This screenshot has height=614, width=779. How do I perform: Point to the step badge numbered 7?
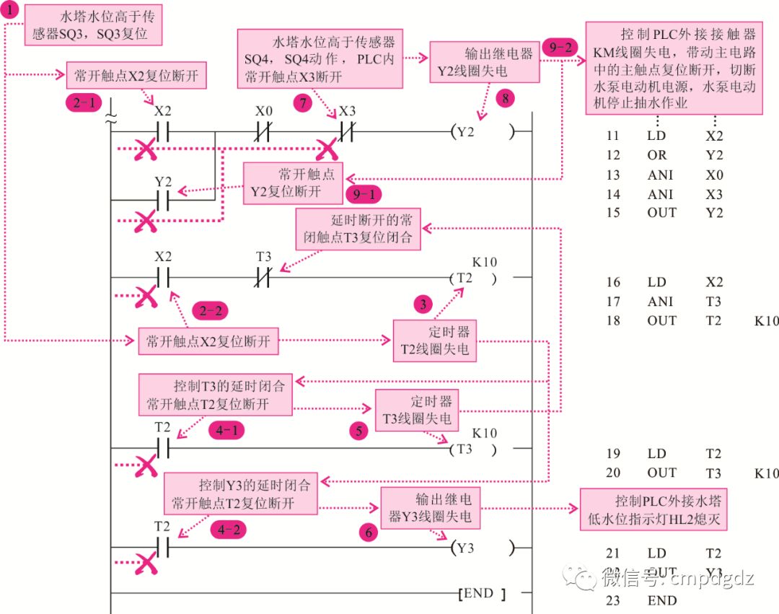(x=304, y=103)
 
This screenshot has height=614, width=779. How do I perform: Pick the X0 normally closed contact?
(x=264, y=132)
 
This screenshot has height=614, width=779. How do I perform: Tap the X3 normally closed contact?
(x=347, y=132)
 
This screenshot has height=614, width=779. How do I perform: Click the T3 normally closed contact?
(x=264, y=277)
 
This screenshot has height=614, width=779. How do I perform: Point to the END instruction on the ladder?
(x=482, y=595)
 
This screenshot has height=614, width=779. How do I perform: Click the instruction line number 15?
(x=613, y=213)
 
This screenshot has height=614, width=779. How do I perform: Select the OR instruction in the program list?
(x=657, y=155)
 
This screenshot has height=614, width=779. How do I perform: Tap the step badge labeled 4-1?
(x=227, y=431)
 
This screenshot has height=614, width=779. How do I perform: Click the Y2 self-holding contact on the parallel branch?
(x=164, y=200)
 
